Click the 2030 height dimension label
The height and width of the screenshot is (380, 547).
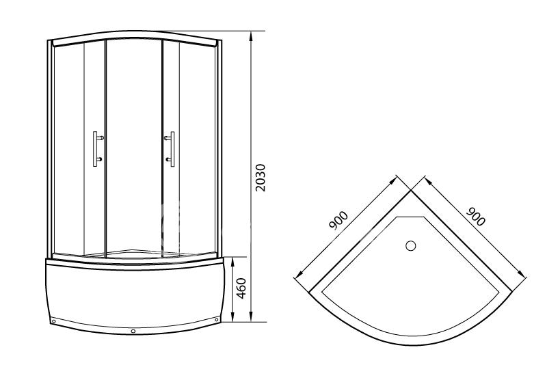click(261, 178)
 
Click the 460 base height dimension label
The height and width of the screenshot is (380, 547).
click(241, 288)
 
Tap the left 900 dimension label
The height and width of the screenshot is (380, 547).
click(338, 220)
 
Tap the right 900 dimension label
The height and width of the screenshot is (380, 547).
click(476, 217)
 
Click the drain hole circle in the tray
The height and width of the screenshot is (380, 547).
click(411, 246)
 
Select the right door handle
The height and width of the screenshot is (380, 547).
click(170, 149)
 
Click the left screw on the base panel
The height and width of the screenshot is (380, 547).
click(53, 321)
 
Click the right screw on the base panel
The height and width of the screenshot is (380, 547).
click(217, 320)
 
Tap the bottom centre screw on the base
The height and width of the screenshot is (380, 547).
click(133, 331)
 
